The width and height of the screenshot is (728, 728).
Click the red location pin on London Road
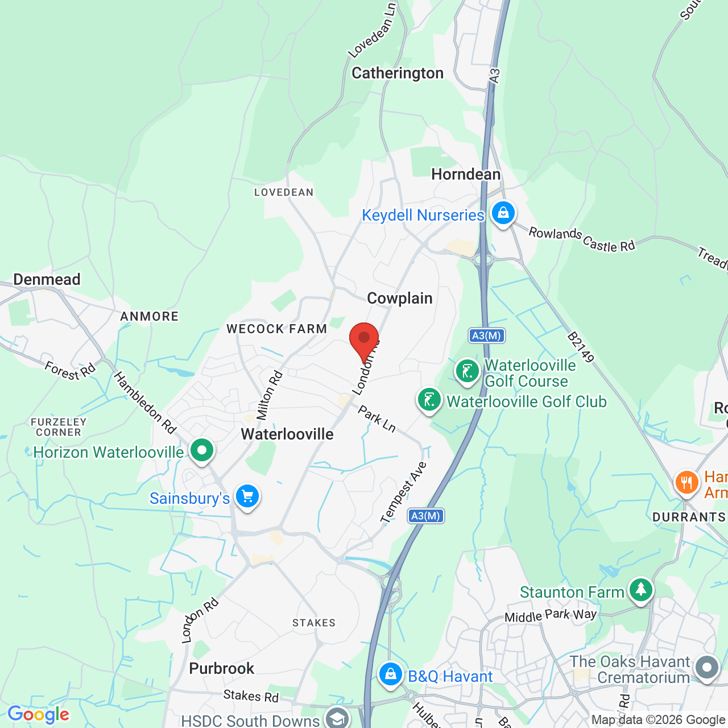click(364, 339)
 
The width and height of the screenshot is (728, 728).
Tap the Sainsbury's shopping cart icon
click(247, 497)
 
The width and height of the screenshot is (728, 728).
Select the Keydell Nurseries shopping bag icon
click(503, 213)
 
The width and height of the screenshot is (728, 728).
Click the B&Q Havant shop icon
click(390, 675)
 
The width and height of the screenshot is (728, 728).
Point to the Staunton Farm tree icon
click(641, 589)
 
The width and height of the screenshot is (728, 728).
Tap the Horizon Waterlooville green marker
click(201, 450)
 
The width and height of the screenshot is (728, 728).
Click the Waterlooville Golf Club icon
click(429, 400)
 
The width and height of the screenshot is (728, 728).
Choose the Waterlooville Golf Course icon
click(467, 371)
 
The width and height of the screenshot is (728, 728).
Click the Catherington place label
click(398, 73)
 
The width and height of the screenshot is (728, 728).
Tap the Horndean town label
click(466, 175)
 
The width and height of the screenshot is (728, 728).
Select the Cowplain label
click(400, 299)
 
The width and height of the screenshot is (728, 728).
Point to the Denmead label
click(47, 280)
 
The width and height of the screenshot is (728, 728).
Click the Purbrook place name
click(221, 669)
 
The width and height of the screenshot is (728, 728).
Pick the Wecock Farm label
click(277, 329)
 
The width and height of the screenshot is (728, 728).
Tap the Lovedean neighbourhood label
click(284, 193)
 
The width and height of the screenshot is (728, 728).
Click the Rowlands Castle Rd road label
click(581, 239)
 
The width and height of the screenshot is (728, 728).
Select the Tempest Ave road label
click(403, 493)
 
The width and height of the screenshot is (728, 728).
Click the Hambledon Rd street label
click(145, 402)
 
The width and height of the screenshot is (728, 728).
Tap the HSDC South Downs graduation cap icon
click(337, 718)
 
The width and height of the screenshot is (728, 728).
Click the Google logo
click(38, 714)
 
